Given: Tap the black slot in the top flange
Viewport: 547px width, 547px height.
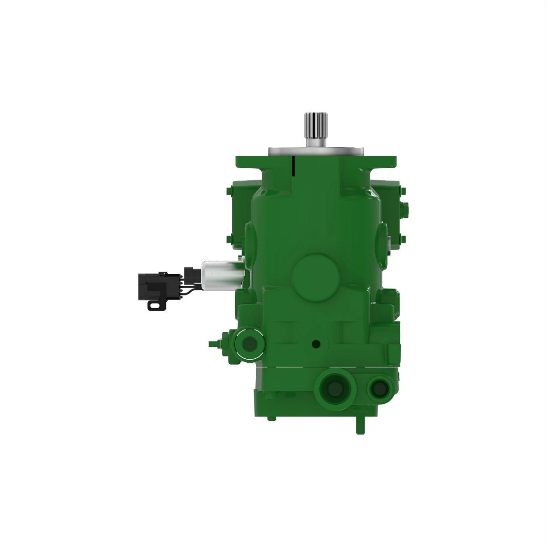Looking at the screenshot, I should point(294,165).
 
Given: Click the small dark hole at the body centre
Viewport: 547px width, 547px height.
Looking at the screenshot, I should point(315,344).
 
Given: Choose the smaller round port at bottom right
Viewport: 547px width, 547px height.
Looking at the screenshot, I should point(378,388).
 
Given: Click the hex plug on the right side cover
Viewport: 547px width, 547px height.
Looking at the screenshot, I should point(406,209).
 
